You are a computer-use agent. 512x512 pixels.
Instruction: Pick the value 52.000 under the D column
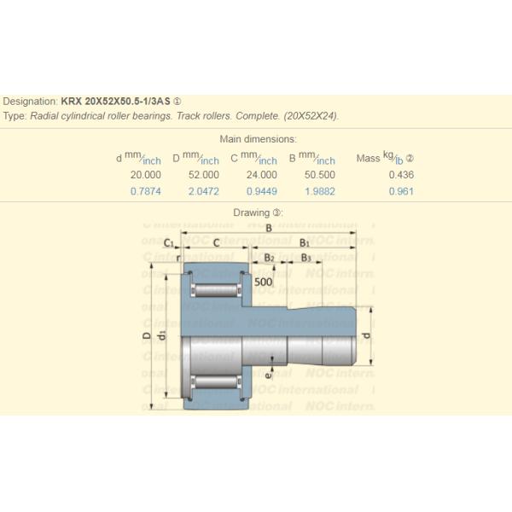click(203, 175)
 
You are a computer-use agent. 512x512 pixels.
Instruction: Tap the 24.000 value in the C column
click(260, 175)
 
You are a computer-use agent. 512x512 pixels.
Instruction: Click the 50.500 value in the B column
click(318, 175)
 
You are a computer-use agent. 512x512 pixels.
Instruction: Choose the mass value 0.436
click(400, 175)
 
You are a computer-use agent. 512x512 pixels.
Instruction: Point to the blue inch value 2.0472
click(203, 191)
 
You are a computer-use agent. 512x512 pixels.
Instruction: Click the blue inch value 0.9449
click(260, 191)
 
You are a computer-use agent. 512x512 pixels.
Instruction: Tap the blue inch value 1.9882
click(318, 191)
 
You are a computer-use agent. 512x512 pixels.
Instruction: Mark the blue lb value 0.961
click(400, 191)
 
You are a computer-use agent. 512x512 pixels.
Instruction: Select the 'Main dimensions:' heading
click(258, 139)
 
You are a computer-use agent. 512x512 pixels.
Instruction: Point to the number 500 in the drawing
click(263, 282)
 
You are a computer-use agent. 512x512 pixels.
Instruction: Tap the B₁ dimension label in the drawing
click(305, 243)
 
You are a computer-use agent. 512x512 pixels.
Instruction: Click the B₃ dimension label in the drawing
click(305, 257)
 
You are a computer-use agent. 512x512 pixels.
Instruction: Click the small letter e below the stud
click(268, 373)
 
